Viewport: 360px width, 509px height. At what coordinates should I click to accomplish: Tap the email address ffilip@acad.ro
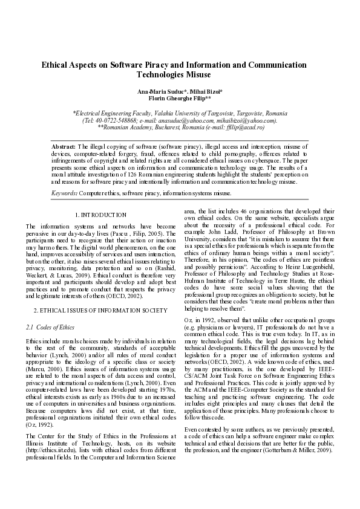[245, 128]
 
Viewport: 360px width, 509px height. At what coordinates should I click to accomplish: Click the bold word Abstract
[63, 147]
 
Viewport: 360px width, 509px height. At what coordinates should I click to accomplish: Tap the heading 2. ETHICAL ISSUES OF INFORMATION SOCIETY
[100, 310]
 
